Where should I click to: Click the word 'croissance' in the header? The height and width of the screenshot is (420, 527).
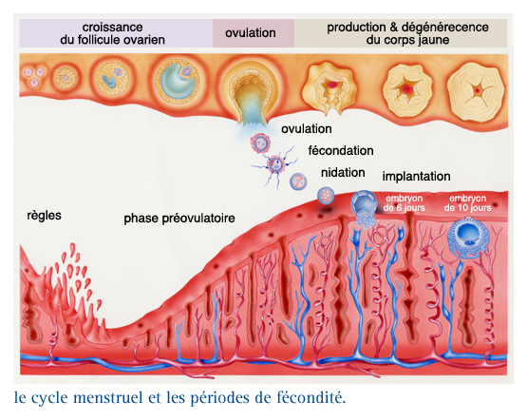tap(113, 27)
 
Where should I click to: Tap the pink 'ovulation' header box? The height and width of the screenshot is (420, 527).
tap(254, 33)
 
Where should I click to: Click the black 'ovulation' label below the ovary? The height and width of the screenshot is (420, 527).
tap(307, 129)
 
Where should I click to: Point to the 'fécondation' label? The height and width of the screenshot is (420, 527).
tap(341, 151)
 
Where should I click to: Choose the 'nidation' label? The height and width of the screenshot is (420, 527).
tap(343, 173)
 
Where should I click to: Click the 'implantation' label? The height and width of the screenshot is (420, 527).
tap(417, 177)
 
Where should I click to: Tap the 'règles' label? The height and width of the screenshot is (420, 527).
tap(44, 216)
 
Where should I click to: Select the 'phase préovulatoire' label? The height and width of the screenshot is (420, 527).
tap(179, 219)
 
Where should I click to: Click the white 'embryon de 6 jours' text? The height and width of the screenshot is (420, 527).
tap(404, 203)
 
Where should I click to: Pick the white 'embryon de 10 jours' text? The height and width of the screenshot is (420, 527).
tap(467, 203)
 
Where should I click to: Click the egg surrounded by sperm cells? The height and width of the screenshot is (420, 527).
tap(276, 164)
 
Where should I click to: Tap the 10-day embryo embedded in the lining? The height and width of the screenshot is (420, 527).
tap(468, 239)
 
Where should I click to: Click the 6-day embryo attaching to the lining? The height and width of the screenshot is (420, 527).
tap(364, 206)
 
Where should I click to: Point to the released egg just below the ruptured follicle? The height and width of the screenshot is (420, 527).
tap(260, 143)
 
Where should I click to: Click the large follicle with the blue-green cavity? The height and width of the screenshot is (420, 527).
tap(177, 81)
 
